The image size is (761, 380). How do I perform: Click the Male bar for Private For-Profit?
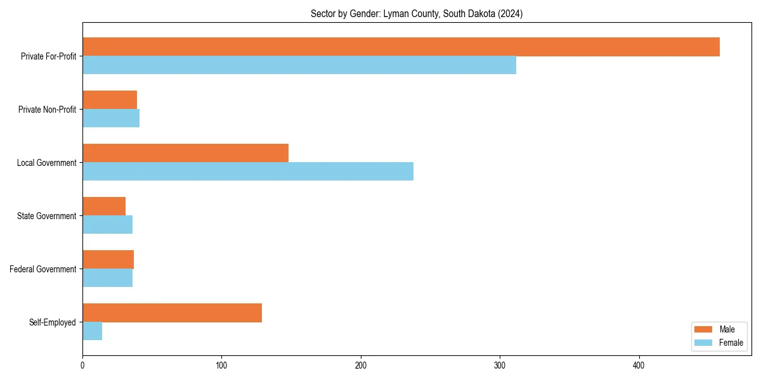401,47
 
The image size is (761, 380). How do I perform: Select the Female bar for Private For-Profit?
299,65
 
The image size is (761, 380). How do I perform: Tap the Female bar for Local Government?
248,172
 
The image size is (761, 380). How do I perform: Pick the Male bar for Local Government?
185,153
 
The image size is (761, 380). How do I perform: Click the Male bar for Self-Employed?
172,313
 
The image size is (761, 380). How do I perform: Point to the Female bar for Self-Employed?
93,331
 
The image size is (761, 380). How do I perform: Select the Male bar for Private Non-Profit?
110,100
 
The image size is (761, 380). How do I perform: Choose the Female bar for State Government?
108,225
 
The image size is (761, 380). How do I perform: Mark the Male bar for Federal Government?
108,260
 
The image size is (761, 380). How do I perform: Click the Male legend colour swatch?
704,329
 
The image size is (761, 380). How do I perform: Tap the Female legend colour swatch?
704,343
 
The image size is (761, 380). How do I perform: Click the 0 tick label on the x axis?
82,365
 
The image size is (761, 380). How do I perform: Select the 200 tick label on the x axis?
361,365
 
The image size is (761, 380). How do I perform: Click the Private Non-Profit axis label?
47,110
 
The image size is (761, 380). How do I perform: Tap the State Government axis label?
47,216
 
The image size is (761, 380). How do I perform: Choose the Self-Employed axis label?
52,322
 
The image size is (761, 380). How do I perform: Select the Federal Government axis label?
43,269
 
